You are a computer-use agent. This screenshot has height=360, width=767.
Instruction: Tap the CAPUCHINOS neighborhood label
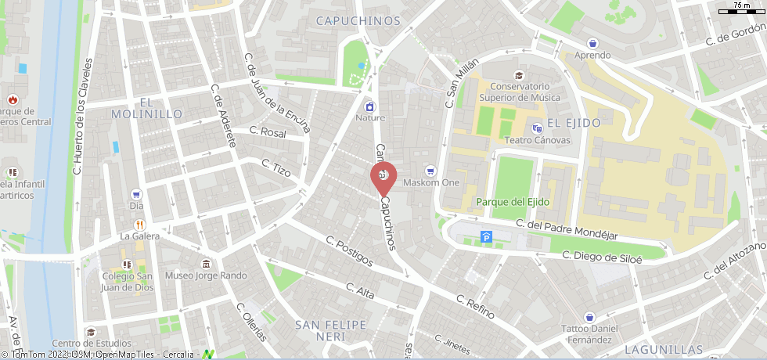point(358,21)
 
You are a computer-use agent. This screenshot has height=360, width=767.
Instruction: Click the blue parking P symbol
point(487,236)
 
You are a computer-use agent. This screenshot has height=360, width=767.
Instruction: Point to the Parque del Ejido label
point(513,202)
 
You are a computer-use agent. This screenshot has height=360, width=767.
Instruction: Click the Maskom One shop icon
point(429,171)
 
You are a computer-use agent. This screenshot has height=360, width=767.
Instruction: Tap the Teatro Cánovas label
point(536,141)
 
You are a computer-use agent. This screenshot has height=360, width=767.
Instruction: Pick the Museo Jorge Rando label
point(206,275)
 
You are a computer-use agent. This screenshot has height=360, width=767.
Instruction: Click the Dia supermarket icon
point(136,193)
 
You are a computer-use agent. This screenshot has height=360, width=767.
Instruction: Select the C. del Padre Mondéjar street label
point(567,230)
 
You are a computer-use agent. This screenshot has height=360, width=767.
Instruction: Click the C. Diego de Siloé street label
point(603,257)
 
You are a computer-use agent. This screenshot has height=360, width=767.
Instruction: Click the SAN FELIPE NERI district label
point(330,330)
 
